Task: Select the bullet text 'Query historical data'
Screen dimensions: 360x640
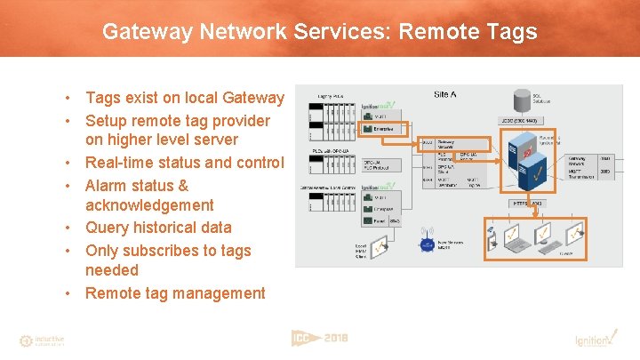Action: [158, 228]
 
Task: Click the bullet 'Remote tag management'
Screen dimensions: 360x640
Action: [175, 293]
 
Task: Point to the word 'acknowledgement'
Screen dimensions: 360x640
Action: [148, 205]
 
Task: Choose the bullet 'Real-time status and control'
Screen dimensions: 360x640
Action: [185, 163]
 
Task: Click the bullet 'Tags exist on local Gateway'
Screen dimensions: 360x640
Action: [185, 98]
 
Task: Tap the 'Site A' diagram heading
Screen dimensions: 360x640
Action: [445, 94]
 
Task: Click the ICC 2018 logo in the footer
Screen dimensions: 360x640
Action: [319, 338]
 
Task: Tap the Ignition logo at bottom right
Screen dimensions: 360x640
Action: [591, 340]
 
